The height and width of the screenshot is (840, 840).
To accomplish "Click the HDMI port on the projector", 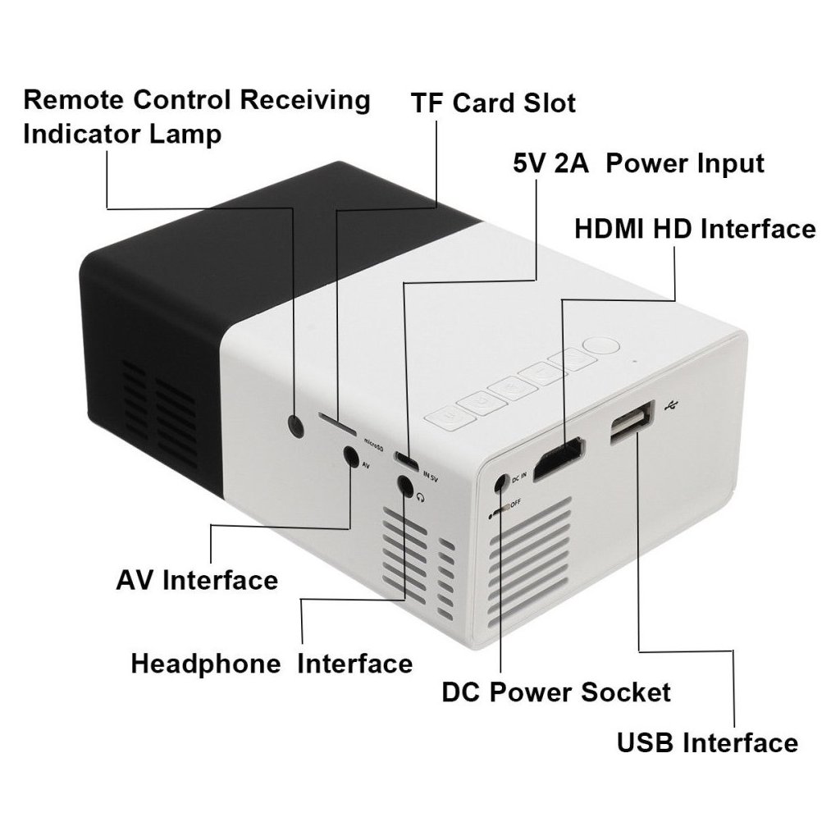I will click(559, 459).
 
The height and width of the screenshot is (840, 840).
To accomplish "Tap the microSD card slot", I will click(336, 427).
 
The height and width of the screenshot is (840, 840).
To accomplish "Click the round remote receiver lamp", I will click(295, 424).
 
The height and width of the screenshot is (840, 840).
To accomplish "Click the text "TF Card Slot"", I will click(493, 104).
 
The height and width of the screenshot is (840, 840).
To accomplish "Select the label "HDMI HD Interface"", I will click(695, 229).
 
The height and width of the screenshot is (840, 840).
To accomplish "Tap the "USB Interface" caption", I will click(707, 743).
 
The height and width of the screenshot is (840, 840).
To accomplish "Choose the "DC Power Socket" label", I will click(556, 692).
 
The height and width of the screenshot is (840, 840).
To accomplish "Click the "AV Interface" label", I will click(197, 580).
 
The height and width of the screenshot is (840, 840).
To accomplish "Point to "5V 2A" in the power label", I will click(548, 163).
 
